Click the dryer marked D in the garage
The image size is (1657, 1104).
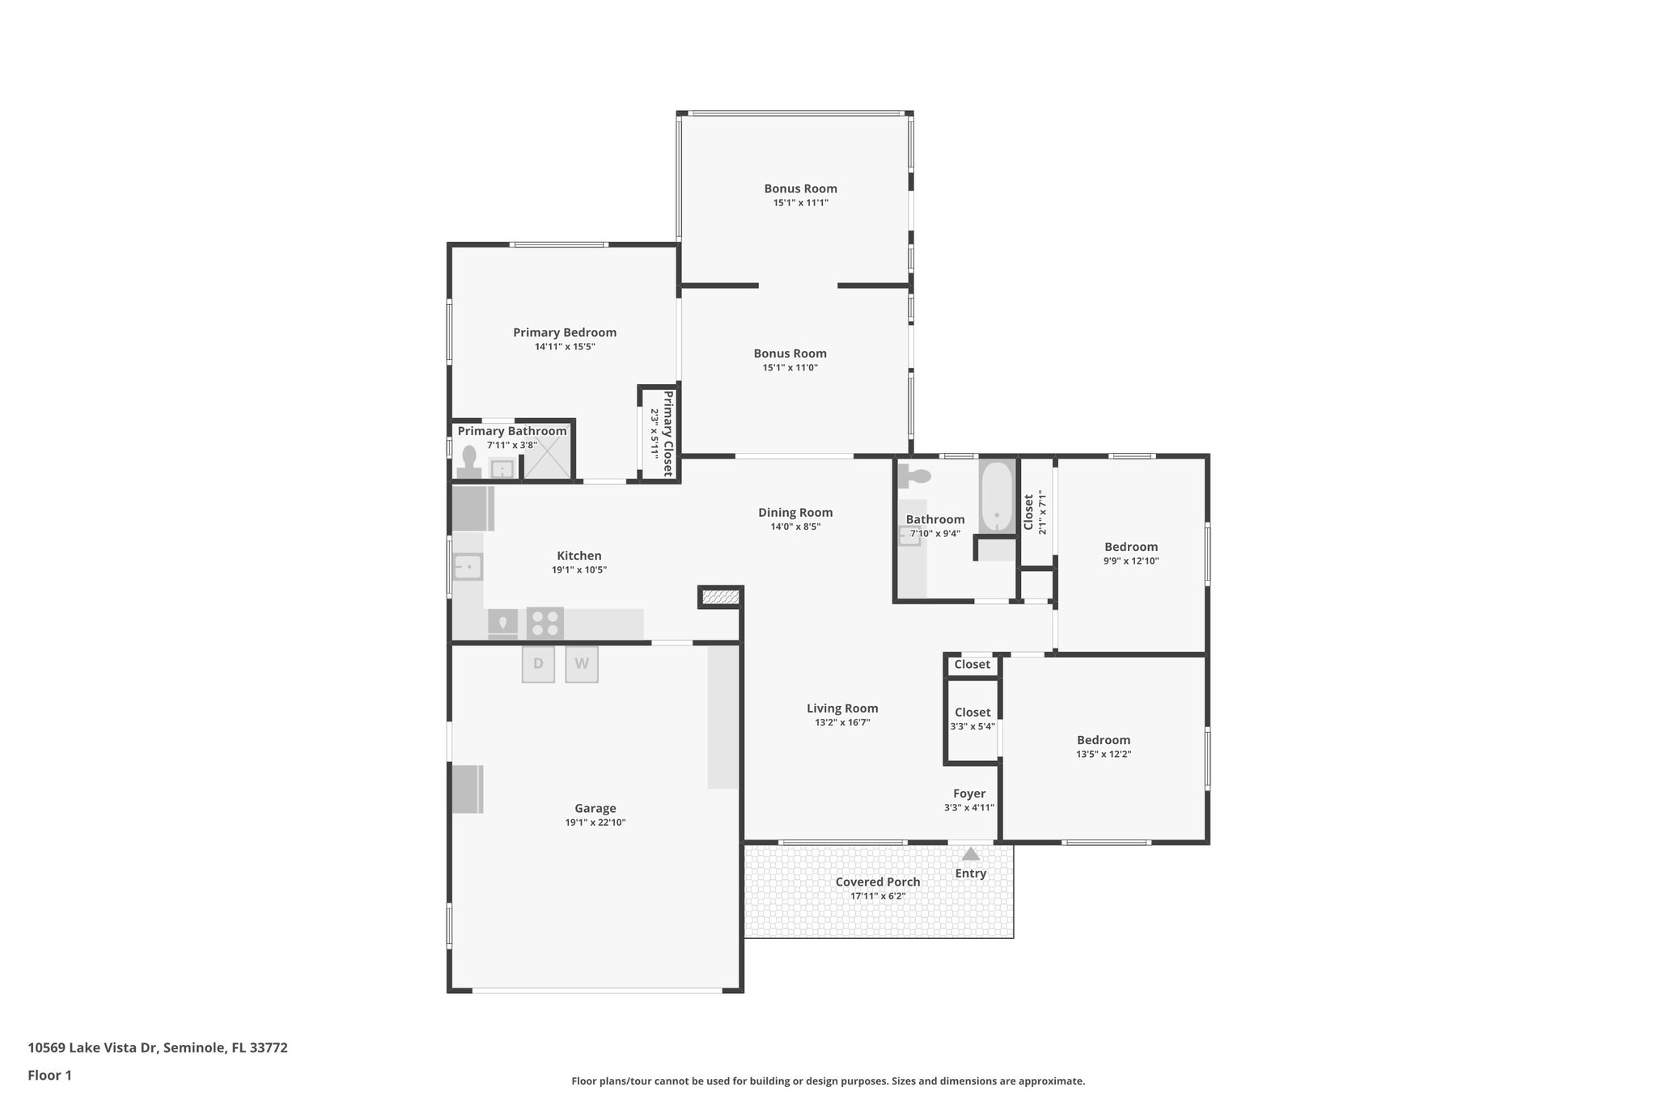(x=538, y=664)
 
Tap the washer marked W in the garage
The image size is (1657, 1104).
(x=581, y=664)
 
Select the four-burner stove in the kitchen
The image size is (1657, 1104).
(x=545, y=623)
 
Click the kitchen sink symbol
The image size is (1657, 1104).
(x=468, y=566)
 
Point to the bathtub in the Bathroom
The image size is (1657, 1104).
(x=996, y=497)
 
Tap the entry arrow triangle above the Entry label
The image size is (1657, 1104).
(x=970, y=854)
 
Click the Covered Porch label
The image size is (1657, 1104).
(x=877, y=882)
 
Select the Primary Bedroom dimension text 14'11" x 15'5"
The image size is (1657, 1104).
(x=564, y=347)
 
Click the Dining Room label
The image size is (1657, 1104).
(x=795, y=512)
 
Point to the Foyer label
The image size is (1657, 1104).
(x=968, y=793)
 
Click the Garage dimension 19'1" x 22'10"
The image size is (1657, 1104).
(x=595, y=823)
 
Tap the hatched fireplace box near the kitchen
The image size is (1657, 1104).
(x=720, y=597)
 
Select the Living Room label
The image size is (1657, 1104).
(x=841, y=708)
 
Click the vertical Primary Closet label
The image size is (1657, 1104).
(x=668, y=434)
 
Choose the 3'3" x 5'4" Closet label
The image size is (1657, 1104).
(x=972, y=712)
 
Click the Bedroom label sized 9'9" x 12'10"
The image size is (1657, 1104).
(x=1130, y=547)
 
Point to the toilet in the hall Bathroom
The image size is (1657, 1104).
(x=915, y=476)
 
